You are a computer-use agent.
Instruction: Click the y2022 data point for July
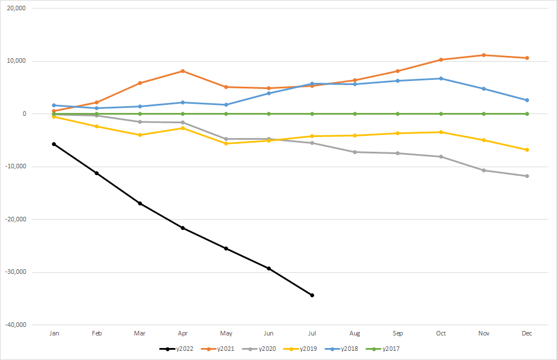[312, 295]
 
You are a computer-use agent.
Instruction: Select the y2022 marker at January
[54, 144]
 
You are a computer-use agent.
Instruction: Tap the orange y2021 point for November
[484, 55]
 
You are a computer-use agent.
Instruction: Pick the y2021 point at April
[183, 71]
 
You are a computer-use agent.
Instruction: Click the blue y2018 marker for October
[441, 78]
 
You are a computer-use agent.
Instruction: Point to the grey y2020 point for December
[527, 176]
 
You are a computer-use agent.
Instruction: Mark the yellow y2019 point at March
[140, 135]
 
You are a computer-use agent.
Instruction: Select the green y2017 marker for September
[398, 114]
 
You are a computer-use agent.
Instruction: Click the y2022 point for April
[183, 228]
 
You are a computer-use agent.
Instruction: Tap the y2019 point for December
[527, 149]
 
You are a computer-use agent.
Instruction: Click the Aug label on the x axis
[355, 333]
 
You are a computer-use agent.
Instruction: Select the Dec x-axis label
[527, 333]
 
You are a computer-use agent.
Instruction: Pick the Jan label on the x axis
[54, 333]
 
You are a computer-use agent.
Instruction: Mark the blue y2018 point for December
[527, 100]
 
